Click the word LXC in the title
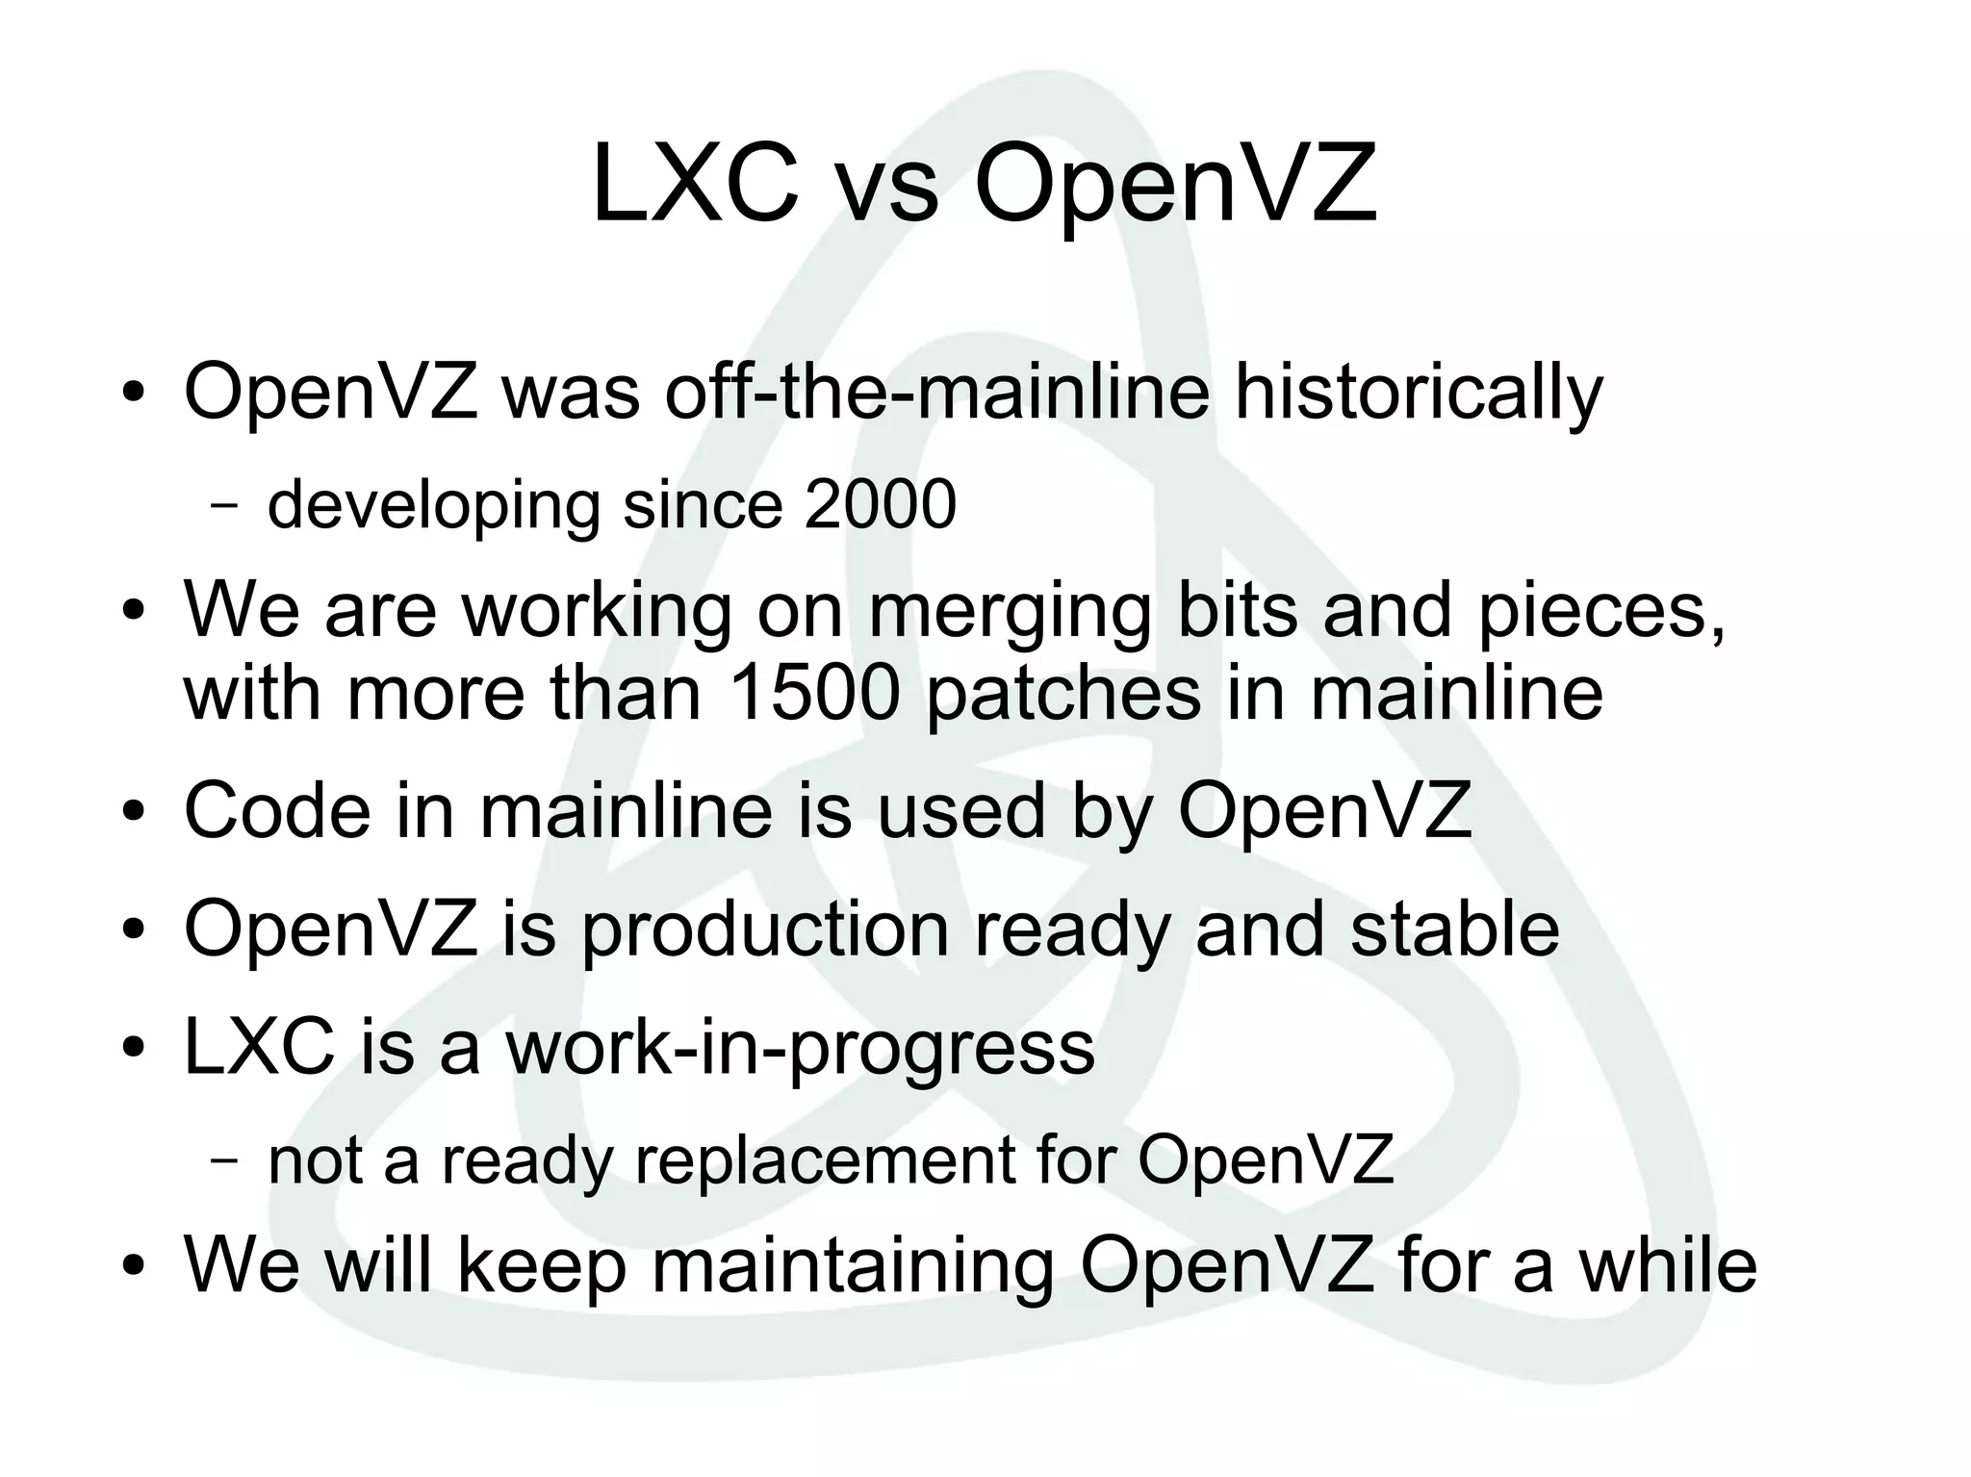click(x=695, y=184)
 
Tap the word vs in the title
click(x=886, y=189)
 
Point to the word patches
click(x=1063, y=695)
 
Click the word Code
click(x=277, y=810)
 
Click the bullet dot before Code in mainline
click(x=134, y=814)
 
